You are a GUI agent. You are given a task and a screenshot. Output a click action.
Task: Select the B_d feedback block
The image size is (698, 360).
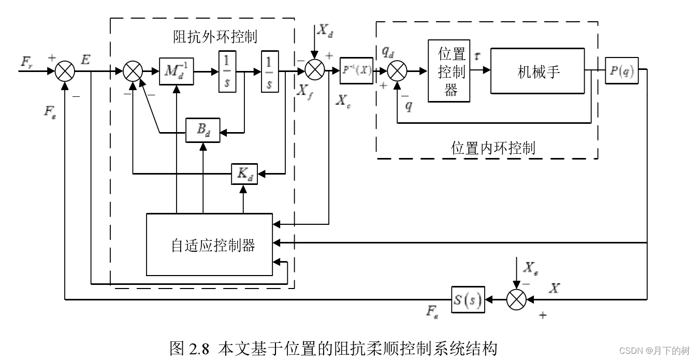[203, 133]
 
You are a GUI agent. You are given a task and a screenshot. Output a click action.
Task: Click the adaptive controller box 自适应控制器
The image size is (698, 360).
[209, 244]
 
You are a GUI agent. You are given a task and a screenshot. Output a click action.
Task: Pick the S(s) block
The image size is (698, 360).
[468, 299]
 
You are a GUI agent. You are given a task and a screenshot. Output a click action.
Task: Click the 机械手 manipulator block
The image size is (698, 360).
[538, 71]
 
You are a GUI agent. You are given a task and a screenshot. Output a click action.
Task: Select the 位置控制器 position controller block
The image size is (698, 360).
[449, 71]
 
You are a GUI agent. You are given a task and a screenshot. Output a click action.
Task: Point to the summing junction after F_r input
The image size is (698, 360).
[65, 71]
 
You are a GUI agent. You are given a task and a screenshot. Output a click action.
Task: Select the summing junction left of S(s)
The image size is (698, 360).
[516, 299]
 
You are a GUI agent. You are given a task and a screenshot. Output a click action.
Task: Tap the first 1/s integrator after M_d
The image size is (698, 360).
[227, 71]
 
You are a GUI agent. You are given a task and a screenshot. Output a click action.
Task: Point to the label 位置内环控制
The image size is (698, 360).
[493, 148]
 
